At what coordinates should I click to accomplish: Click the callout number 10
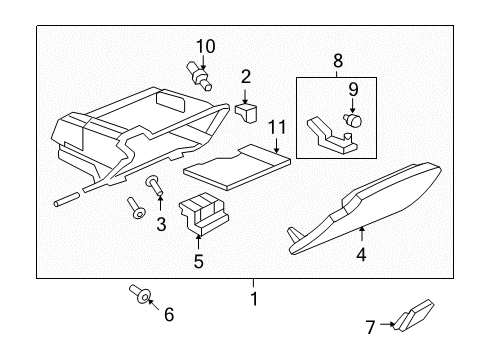205,45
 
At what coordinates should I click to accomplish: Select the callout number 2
245,76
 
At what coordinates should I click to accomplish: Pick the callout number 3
159,225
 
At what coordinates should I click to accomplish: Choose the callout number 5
198,262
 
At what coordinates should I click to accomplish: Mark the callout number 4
362,255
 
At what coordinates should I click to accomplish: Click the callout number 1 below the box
254,299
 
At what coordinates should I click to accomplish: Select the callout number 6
168,315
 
